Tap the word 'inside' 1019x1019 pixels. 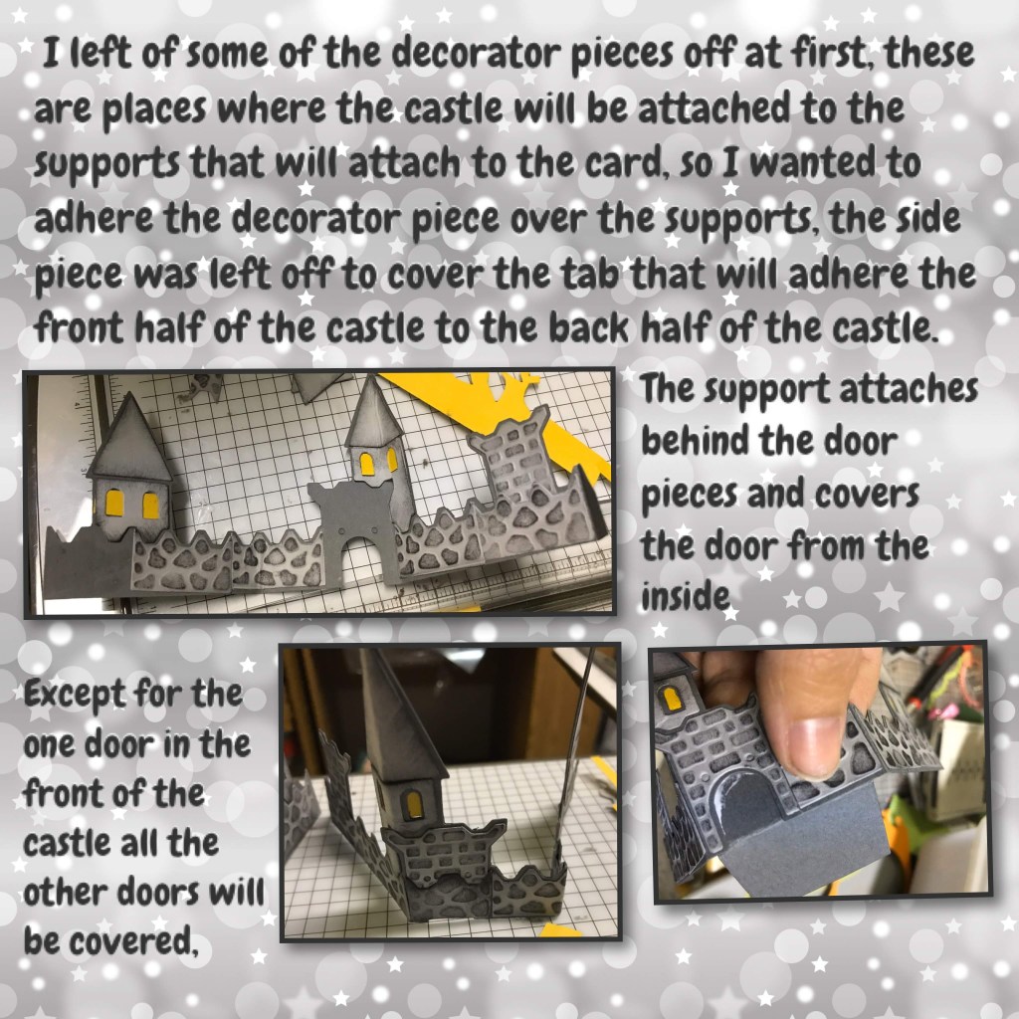pos(685,596)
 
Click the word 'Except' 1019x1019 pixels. pos(75,695)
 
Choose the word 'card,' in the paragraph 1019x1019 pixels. pos(629,164)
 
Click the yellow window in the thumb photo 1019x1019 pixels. pos(671,700)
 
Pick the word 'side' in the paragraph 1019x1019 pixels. pos(928,217)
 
